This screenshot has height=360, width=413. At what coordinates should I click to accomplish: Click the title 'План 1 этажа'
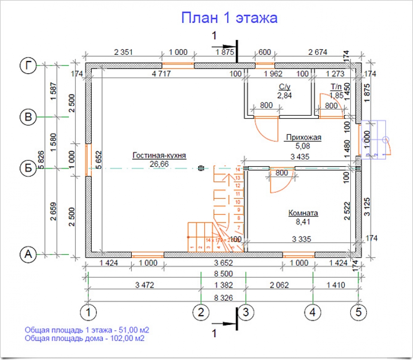[229, 18]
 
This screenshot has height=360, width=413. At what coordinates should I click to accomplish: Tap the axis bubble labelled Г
[28, 65]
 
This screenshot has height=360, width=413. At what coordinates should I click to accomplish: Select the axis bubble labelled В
[28, 117]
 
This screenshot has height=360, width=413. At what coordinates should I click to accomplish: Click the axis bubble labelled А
[28, 254]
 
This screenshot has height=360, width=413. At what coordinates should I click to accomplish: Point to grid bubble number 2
[201, 312]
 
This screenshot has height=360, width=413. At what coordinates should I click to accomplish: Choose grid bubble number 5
[358, 312]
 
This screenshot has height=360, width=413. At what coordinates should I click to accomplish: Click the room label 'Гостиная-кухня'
[159, 156]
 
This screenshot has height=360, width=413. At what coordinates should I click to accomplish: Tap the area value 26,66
[159, 164]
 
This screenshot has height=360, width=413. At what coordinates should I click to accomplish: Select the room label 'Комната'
[303, 214]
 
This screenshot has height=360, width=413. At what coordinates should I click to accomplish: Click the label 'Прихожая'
[303, 138]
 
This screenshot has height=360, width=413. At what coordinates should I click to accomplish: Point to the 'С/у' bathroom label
[285, 88]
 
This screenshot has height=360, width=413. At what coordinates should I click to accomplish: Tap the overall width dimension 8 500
[223, 274]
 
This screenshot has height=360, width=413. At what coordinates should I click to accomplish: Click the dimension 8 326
[223, 296]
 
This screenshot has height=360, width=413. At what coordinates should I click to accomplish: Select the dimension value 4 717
[162, 74]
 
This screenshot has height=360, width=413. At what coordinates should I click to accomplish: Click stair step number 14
[238, 169]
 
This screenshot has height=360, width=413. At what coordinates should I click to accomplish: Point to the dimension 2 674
[318, 52]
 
